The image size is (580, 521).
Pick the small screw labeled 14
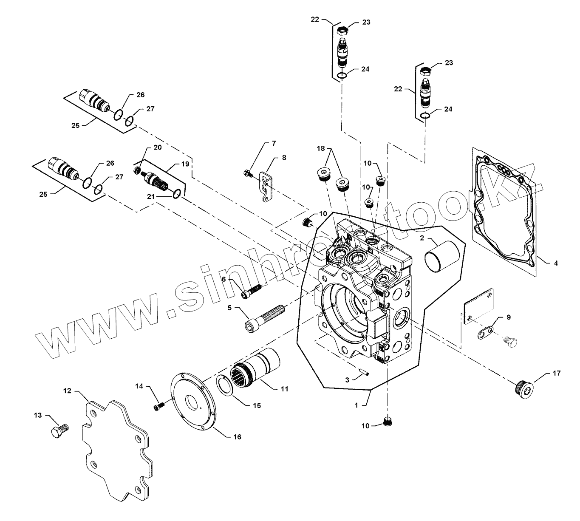159,407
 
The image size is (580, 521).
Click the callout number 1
356,405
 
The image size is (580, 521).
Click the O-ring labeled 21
178,194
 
